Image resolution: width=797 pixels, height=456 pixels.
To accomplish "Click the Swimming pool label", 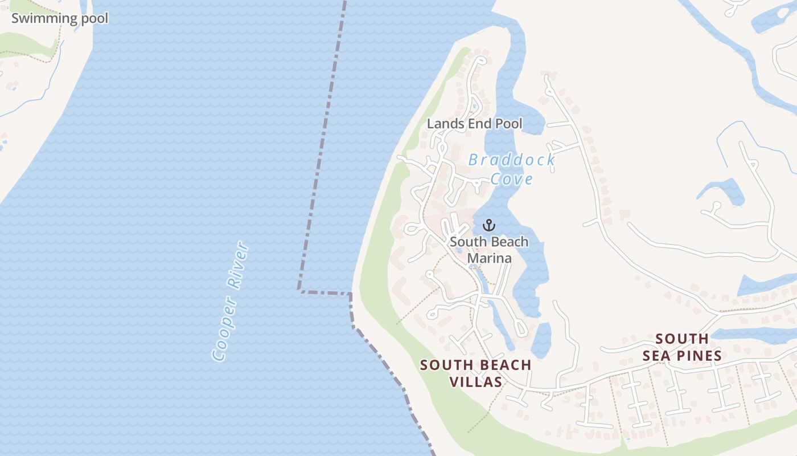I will coord(60,18).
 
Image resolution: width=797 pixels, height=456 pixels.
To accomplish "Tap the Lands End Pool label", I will coord(474,123).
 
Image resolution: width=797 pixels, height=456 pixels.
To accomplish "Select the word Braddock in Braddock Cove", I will coord(511,160).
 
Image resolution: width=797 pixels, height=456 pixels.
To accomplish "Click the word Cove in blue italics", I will coord(512,179).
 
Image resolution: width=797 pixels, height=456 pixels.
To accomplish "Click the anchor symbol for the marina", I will coord(489,225).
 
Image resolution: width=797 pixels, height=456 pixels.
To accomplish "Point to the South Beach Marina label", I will coord(489,250).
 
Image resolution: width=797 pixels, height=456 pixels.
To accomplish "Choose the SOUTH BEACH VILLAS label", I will coord(476,373).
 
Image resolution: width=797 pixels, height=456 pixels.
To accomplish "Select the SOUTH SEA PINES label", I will coord(682,347).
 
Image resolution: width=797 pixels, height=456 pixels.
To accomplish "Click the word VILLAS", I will coord(476,382).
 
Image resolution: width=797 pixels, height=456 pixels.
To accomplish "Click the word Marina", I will coord(489,258).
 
